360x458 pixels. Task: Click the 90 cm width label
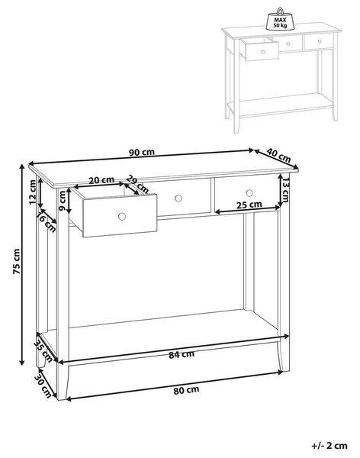pos(141,152)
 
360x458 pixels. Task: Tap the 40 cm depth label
pos(278,156)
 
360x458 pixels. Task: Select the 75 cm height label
pos(17,261)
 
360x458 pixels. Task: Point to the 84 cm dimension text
pos(182,354)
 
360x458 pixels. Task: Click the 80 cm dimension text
pos(186,390)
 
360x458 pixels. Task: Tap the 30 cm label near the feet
pos(43,385)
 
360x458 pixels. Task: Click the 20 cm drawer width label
pos(101,180)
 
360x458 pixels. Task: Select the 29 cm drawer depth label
pos(138,184)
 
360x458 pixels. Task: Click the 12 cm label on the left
pos(33,192)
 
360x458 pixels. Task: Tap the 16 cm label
pos(46,222)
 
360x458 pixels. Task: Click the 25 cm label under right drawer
pos(249,205)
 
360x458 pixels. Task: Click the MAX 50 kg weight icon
pos(280,20)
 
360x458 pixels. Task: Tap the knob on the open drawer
pos(122,217)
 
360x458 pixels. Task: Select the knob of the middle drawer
pos(178,198)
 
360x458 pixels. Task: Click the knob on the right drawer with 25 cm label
pos(249,193)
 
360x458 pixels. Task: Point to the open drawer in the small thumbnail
pos(259,50)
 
